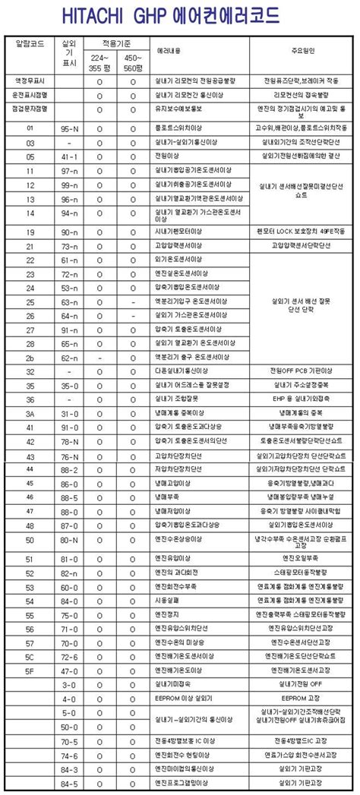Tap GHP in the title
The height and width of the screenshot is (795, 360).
tap(175, 14)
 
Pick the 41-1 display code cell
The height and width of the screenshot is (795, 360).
tap(70, 157)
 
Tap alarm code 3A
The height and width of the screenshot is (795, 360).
tap(30, 413)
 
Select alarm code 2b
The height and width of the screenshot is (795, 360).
tap(30, 357)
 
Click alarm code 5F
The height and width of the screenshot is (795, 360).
tap(30, 670)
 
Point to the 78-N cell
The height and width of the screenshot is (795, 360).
tap(70, 442)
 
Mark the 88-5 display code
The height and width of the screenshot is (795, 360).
tap(70, 497)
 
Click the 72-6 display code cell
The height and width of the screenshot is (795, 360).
tap(70, 656)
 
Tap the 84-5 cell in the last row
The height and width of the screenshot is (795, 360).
tap(70, 784)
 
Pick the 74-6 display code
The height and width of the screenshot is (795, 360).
tap(70, 756)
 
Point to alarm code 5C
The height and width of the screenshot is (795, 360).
tap(30, 656)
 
